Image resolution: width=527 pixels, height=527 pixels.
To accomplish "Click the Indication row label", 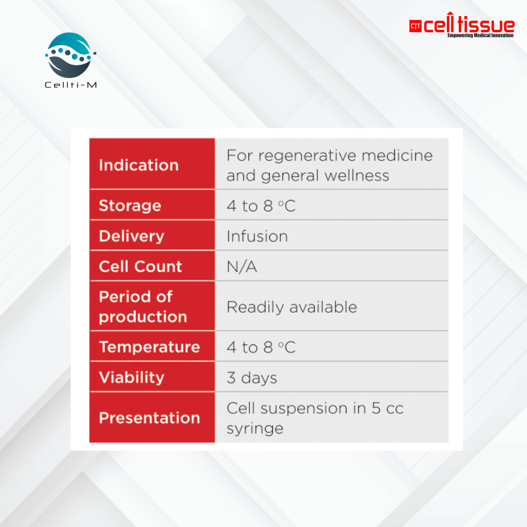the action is tap(139, 165).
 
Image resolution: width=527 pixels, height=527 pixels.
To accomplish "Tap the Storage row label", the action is tap(130, 206).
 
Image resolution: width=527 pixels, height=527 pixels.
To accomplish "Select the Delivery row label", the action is tap(131, 236).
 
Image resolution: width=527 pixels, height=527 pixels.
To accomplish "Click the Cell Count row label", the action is tap(141, 266).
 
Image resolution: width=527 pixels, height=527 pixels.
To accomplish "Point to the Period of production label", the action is tap(143, 306).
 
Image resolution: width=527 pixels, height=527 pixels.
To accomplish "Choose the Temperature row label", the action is tap(150, 347).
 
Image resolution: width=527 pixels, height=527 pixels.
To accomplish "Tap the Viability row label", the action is tap(131, 377).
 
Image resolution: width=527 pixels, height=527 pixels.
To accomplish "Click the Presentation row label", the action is tap(150, 418).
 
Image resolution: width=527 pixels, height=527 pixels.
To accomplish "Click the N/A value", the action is tap(242, 267).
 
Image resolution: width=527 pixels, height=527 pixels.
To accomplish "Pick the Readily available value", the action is tap(292, 307).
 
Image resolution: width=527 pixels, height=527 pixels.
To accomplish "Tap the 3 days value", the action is tap(252, 378).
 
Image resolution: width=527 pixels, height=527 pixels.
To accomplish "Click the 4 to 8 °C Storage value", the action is tap(261, 206).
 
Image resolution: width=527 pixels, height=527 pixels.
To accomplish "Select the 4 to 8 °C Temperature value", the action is tap(261, 347).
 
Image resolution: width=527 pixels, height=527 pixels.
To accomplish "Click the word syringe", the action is tap(255, 429).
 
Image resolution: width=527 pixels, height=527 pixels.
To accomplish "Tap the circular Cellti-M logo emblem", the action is tap(70, 55).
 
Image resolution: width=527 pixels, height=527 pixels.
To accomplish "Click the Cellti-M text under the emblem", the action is tap(71, 85).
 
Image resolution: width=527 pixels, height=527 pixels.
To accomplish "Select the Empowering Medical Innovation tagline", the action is tap(480, 35).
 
